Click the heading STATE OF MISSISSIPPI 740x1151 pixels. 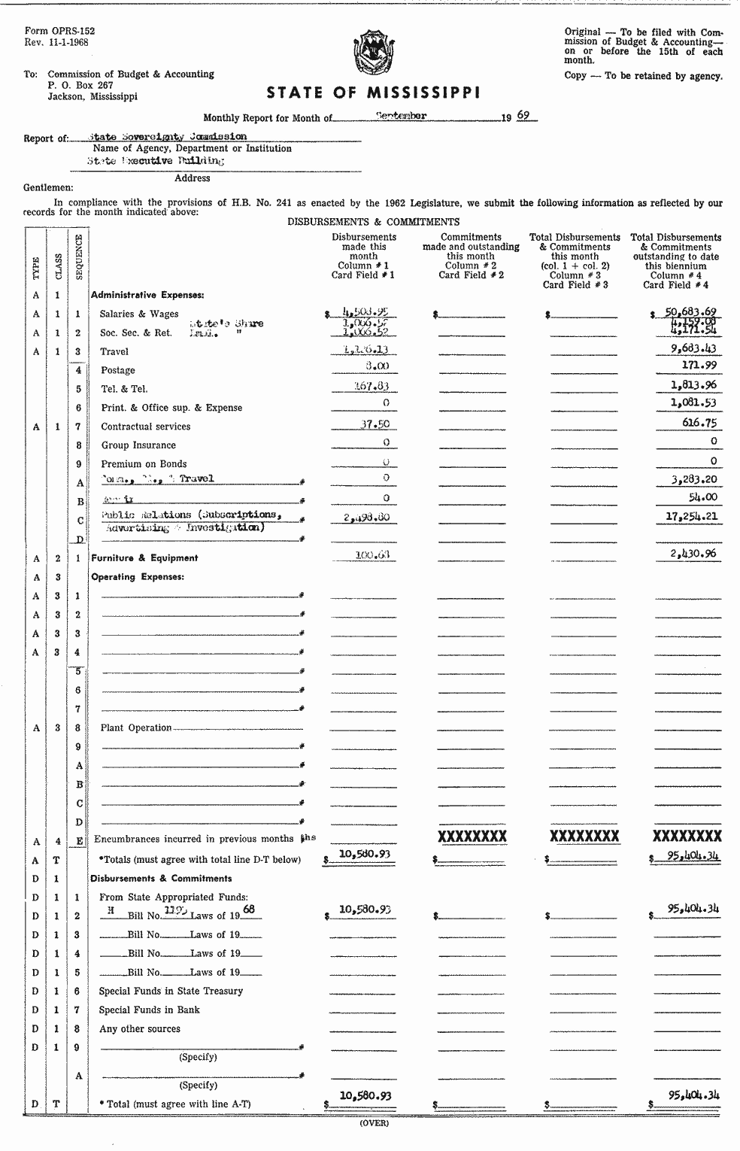tap(373, 93)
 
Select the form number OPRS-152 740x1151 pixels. tap(59, 32)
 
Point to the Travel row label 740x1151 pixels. tap(114, 351)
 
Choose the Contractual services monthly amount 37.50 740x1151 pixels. tap(374, 424)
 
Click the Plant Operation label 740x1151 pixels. tap(136, 727)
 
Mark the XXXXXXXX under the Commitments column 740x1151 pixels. tap(472, 837)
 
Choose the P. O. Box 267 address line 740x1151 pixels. tap(80, 86)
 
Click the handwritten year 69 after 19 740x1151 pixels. tap(523, 116)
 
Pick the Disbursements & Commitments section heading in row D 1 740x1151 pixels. tap(161, 878)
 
